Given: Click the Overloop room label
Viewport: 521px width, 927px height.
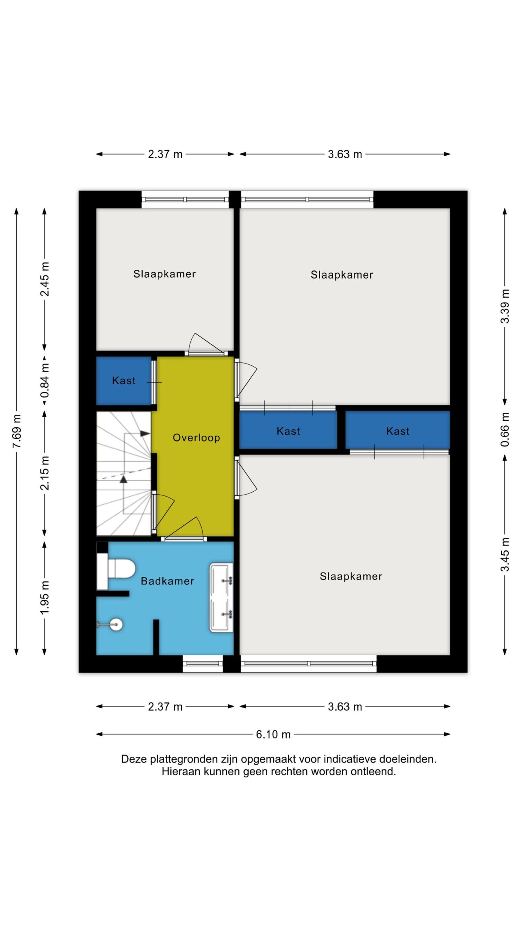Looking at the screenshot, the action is click(x=196, y=438).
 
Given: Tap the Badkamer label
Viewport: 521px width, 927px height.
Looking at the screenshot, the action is click(x=167, y=581).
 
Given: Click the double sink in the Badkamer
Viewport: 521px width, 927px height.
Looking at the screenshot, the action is click(x=221, y=597).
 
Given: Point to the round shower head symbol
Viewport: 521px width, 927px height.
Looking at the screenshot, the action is click(x=116, y=624).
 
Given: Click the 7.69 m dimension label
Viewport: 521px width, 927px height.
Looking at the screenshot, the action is click(x=17, y=431).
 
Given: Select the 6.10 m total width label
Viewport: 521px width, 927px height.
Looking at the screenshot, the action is click(x=273, y=734).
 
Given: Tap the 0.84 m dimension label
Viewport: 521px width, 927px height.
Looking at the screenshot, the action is click(x=45, y=381).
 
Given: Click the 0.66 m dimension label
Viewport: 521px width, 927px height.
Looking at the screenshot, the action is click(x=505, y=429).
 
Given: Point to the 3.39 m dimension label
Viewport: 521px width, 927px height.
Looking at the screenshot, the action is click(x=505, y=306).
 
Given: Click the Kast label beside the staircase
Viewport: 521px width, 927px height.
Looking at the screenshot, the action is click(x=124, y=381).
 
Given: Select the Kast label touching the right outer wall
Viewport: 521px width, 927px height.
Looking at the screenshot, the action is click(x=398, y=431).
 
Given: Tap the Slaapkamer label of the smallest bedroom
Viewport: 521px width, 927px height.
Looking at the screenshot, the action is click(x=164, y=274).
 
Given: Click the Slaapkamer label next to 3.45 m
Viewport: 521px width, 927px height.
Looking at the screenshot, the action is click(x=351, y=576).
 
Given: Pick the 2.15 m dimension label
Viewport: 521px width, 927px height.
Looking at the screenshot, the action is click(x=45, y=473).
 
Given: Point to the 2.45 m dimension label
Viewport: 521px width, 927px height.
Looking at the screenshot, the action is click(x=45, y=279).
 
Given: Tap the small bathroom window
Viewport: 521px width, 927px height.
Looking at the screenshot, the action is click(x=202, y=664).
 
